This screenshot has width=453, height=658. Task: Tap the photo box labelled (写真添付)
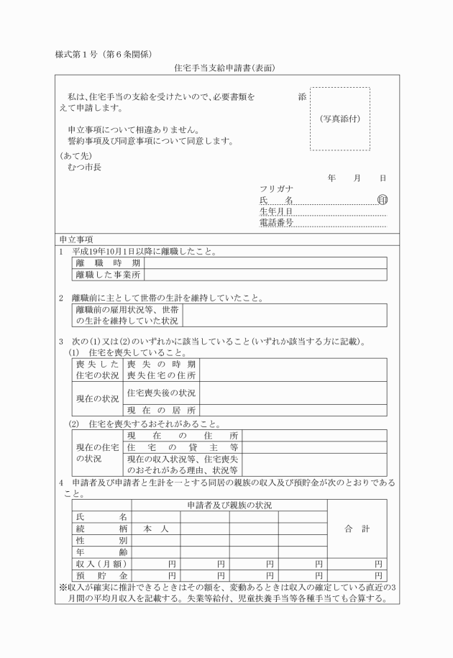point(340,119)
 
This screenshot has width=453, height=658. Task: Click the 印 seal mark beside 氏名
point(382,199)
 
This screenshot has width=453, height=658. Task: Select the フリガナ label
point(277,188)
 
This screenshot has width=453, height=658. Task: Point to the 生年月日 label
point(277,211)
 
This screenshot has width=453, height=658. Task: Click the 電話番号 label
point(277,223)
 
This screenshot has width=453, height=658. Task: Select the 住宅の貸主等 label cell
point(183,447)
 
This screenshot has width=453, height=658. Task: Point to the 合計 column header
point(357,529)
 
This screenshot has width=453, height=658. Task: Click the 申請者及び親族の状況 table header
point(229,506)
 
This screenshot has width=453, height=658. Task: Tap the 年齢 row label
point(101,552)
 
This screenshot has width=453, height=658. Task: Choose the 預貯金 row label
point(101,576)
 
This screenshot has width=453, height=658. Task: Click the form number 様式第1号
point(78,55)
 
